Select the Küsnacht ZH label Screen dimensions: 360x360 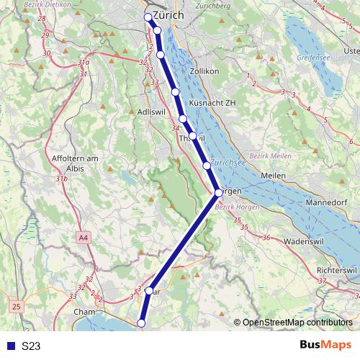pos(212,103)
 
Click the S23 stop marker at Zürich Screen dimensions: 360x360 pos(148,17)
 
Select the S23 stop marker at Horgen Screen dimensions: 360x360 pos(218,192)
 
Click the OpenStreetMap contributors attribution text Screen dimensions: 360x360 pos(297,323)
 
